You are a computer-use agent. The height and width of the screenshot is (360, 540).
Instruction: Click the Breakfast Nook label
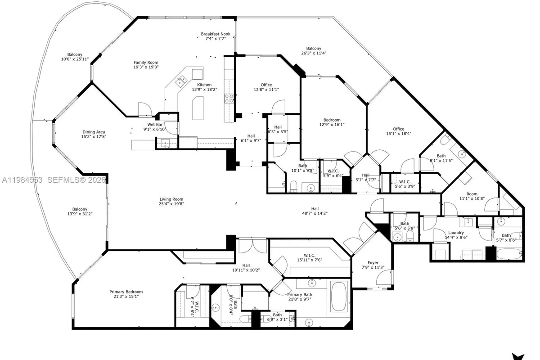pos(216,34)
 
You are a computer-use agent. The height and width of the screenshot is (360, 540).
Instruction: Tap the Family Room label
pos(146,63)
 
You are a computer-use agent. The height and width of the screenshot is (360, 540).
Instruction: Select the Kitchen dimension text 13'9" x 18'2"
pos(204,90)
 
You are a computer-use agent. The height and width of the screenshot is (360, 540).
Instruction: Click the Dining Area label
pos(94,132)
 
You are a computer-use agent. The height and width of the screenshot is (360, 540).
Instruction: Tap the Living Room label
pos(171,199)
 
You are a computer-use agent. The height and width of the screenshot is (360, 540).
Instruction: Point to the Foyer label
pos(373,263)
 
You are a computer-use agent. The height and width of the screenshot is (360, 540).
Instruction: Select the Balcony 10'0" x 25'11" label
pos(75,54)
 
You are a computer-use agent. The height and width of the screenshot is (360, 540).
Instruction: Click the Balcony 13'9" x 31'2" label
pos(80,209)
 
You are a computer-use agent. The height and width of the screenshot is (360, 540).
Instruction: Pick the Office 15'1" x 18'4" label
pos(398,129)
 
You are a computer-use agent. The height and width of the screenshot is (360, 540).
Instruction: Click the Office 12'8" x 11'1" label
pos(266,85)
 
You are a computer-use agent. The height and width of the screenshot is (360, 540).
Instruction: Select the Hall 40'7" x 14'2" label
pos(315,209)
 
